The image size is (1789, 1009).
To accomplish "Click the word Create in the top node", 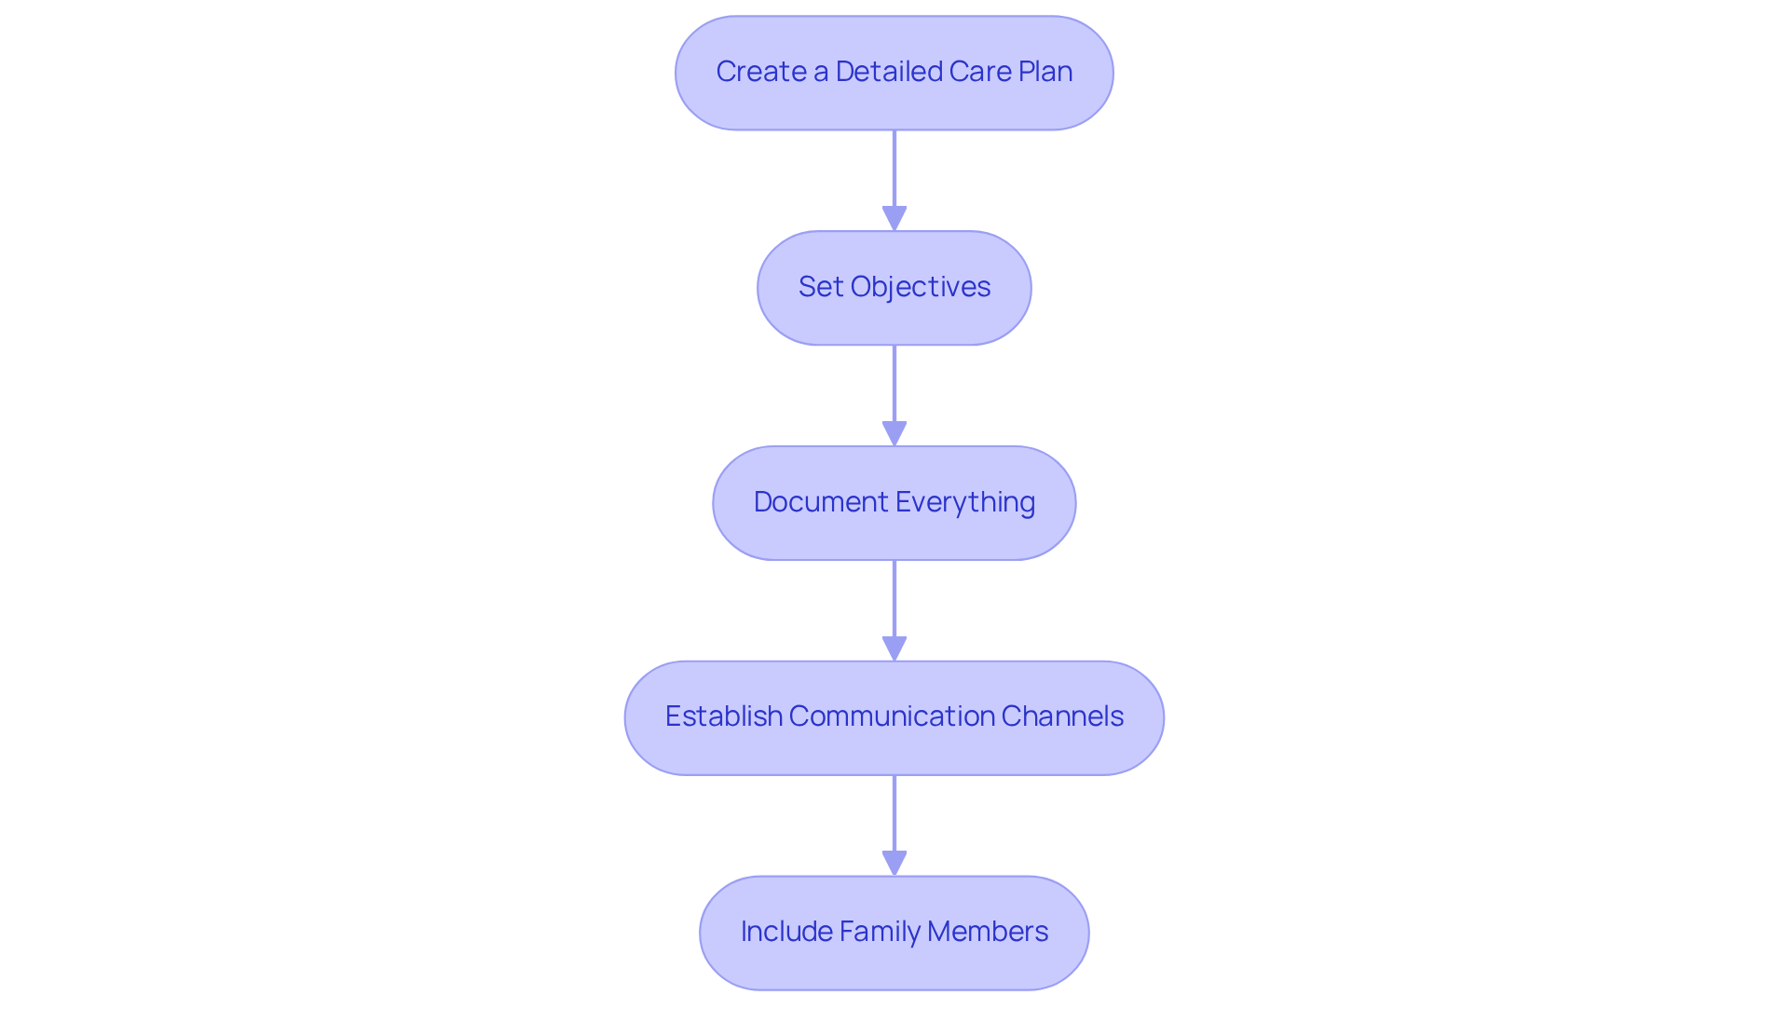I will pyautogui.click(x=760, y=72).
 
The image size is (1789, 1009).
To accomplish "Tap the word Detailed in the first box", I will pyautogui.click(x=888, y=72).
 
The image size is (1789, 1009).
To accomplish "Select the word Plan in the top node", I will pyautogui.click(x=1045, y=72).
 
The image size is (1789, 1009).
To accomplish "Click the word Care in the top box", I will pyautogui.click(x=979, y=72).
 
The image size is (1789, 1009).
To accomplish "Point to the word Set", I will pyautogui.click(x=820, y=287).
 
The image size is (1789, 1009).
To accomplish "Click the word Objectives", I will pyautogui.click(x=920, y=287).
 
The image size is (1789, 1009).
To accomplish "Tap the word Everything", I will pyautogui.click(x=964, y=502).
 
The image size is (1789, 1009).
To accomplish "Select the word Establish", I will pyautogui.click(x=723, y=716).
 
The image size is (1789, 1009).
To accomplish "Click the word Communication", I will pyautogui.click(x=892, y=716).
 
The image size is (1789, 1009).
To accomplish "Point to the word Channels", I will pyautogui.click(x=1062, y=716).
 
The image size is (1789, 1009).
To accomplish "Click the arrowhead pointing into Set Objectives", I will pyautogui.click(x=894, y=219).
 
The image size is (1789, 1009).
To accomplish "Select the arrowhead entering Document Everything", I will pyautogui.click(x=894, y=434).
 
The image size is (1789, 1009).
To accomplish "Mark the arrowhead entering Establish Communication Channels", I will pyautogui.click(x=894, y=649).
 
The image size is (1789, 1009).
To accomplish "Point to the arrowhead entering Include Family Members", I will pyautogui.click(x=894, y=864).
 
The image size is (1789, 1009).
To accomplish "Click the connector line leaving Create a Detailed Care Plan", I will pyautogui.click(x=894, y=168).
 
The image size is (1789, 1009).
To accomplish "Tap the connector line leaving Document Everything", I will pyautogui.click(x=894, y=598).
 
